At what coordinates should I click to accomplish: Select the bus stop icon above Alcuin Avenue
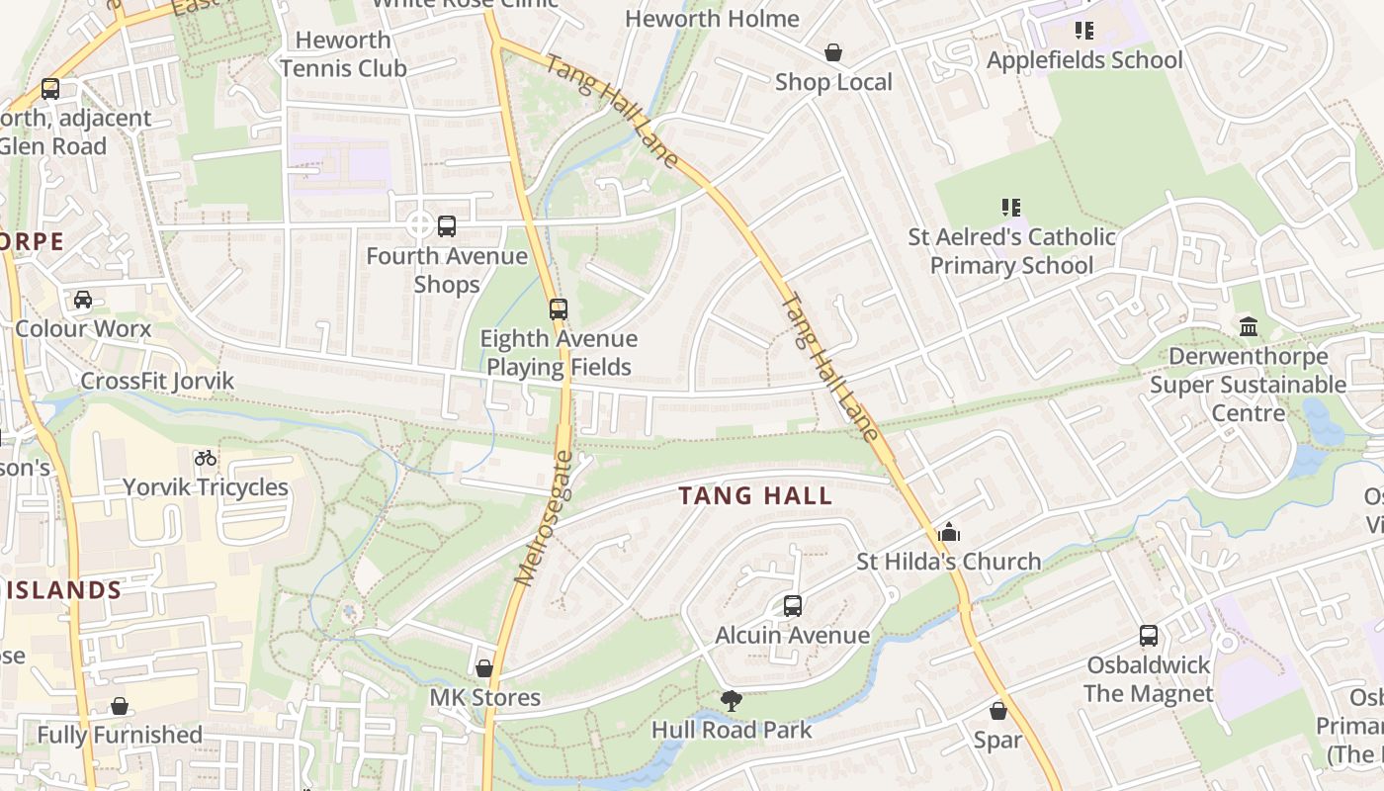(792, 605)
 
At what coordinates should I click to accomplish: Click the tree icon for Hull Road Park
(732, 701)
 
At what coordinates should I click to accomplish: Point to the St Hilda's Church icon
(949, 532)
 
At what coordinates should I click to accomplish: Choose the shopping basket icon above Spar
(998, 711)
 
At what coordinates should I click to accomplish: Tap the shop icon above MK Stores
(484, 668)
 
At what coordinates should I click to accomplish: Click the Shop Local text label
(833, 82)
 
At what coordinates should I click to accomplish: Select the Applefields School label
(1084, 60)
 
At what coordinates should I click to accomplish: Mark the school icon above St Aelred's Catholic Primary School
(1011, 208)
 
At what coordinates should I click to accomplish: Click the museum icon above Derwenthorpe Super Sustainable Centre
(1248, 326)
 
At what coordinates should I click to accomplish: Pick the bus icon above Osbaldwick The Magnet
(1148, 636)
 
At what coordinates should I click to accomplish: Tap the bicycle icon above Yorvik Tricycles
(206, 458)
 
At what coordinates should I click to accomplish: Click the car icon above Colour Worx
(83, 300)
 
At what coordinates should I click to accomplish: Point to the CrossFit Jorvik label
(157, 382)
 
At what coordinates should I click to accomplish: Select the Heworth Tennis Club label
(343, 54)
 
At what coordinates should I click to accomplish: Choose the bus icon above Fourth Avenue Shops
(447, 226)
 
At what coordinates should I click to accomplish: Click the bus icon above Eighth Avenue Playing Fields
(559, 309)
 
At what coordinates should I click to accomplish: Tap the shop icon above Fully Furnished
(120, 706)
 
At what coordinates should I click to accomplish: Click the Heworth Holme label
(712, 19)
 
